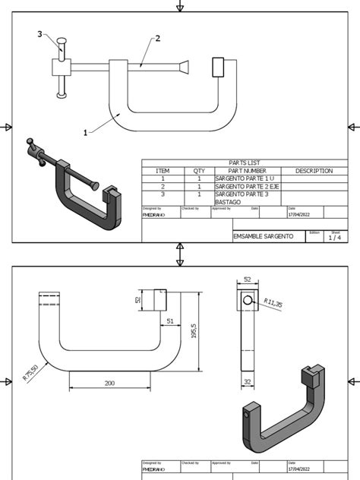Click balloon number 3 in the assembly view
tap(40, 34)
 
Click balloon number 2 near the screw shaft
tap(158, 39)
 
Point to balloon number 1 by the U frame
tap(86, 132)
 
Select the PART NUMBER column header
tap(248, 171)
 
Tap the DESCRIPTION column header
tap(314, 171)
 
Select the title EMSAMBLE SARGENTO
tap(264, 237)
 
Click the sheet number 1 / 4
tap(334, 238)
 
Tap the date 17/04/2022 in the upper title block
tap(298, 214)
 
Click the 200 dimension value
tap(109, 384)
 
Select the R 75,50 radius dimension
tap(31, 373)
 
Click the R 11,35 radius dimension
tap(273, 304)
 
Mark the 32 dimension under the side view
tap(247, 382)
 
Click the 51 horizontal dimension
tap(170, 321)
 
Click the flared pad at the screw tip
tap(183, 67)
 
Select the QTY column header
tap(199, 171)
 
